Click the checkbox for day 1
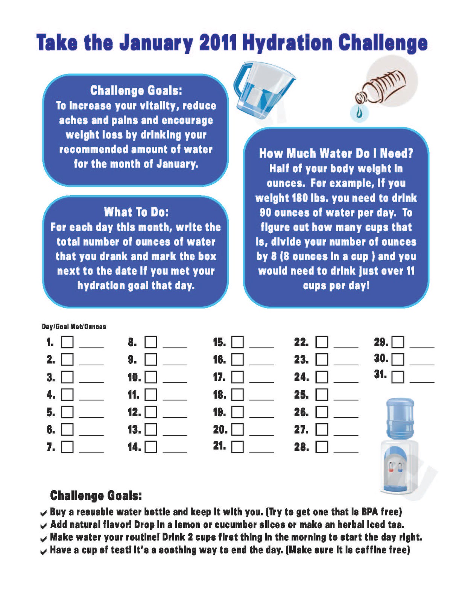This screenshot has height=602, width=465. pos(67,342)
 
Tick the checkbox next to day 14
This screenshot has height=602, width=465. pos(151,447)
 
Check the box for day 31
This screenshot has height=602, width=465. pos(398,377)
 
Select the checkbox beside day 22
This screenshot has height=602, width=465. pos(322,342)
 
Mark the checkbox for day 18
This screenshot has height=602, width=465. pos(237,395)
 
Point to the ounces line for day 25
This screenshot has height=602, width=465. pos(346,399)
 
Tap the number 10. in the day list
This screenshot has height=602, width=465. pos(134,377)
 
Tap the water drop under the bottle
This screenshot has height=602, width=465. pos(359,113)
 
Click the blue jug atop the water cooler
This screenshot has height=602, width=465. pos(400,418)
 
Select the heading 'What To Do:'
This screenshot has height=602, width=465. pos(136,212)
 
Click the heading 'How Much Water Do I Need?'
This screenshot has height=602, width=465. pos(336,154)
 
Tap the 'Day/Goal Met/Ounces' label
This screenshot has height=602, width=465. pos(74,327)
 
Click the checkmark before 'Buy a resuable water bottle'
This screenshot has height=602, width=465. pos(44,513)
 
